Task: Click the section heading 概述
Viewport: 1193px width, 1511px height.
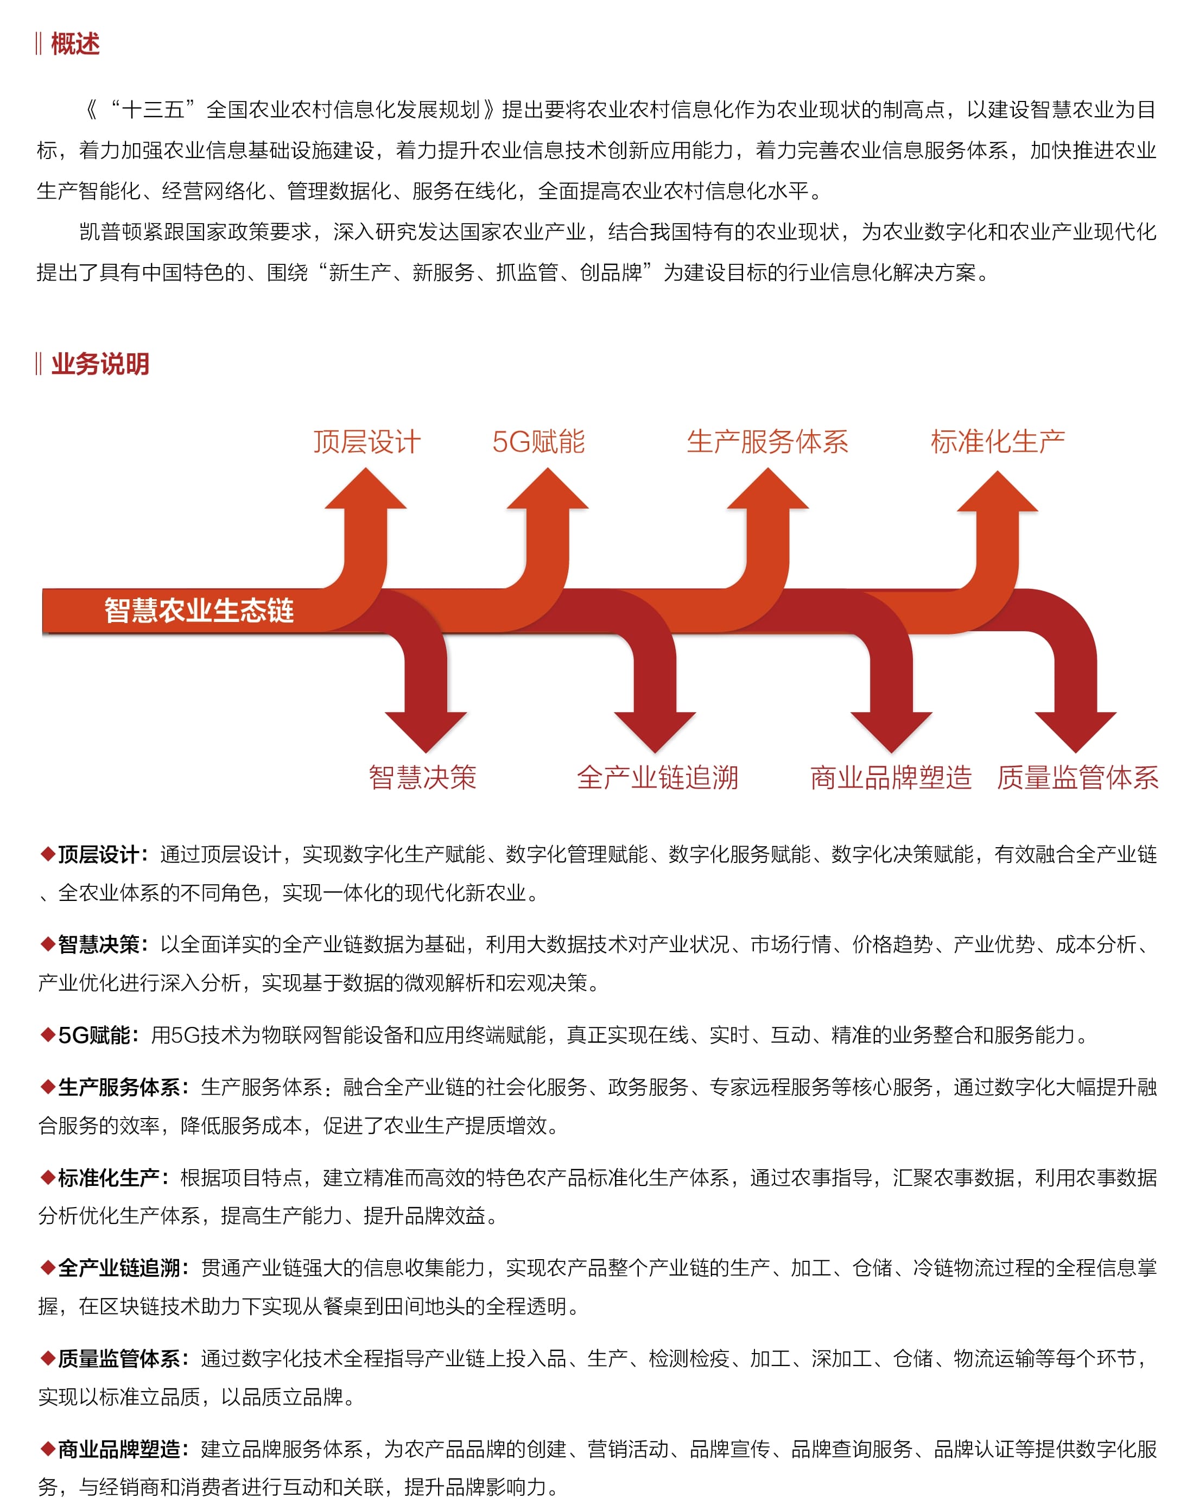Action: pos(75,44)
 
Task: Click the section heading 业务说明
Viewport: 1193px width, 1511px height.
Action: pos(100,364)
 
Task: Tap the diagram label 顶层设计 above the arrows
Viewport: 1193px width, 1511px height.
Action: pos(367,441)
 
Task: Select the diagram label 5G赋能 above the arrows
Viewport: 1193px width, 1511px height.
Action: pos(538,441)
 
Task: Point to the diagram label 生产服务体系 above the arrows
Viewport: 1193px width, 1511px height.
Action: pos(767,441)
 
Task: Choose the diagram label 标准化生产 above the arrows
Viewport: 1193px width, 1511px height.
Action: pos(998,441)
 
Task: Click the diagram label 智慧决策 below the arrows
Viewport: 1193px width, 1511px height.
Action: pos(423,778)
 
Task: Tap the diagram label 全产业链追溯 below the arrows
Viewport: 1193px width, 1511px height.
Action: pos(657,778)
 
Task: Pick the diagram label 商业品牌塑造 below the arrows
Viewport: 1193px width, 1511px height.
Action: pos(891,778)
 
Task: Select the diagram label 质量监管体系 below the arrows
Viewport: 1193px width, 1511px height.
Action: pos(1078,778)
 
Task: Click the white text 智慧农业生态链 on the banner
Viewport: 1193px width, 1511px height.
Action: pos(199,611)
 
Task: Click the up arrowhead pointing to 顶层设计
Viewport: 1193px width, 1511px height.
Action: pos(365,488)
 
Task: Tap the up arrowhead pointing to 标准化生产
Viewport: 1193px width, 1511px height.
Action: pos(998,491)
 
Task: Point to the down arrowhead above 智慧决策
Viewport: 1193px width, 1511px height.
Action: pos(426,732)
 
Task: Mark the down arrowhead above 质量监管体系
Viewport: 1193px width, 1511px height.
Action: pos(1076,732)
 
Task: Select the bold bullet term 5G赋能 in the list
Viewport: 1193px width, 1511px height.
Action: pos(93,1035)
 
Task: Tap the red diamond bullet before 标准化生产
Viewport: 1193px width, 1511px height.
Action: pos(48,1178)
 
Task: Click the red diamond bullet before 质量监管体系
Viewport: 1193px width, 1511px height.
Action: pos(48,1358)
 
